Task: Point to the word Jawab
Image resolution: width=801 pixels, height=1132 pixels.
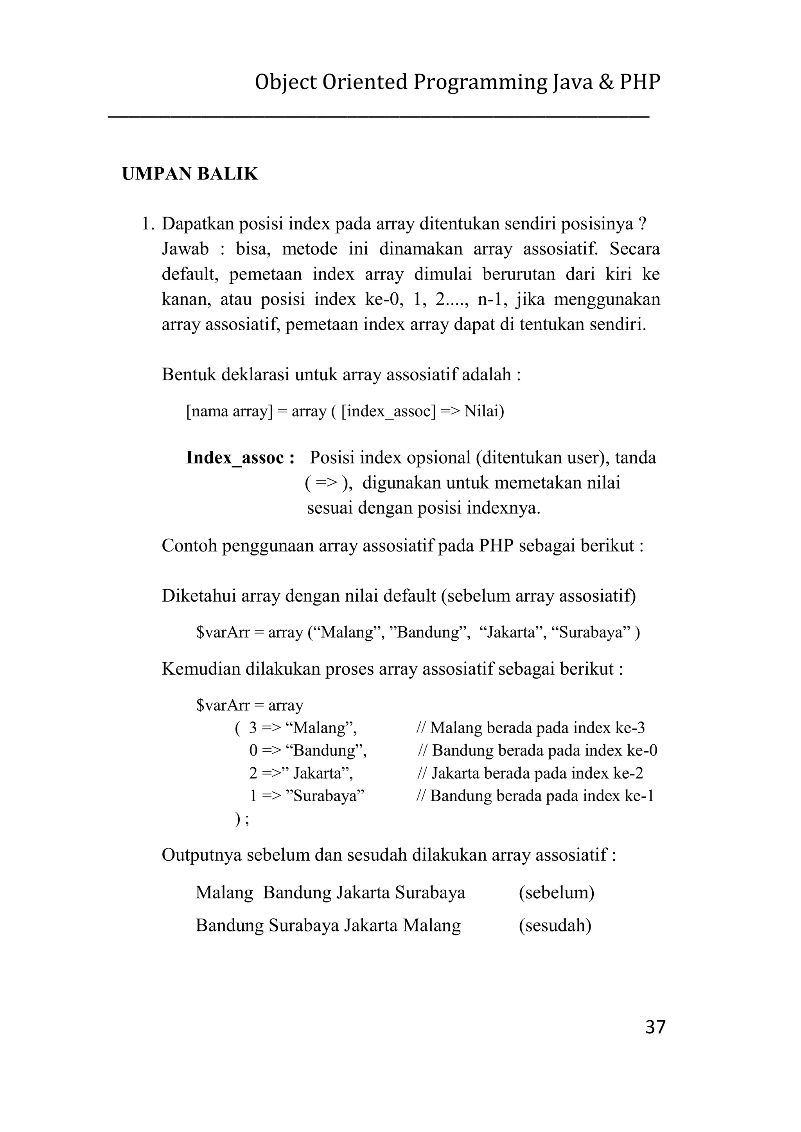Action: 185,249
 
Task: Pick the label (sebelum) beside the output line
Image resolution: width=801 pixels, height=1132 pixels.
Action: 557,892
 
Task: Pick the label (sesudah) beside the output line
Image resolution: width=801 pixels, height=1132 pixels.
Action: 555,926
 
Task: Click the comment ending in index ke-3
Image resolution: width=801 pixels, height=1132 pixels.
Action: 531,728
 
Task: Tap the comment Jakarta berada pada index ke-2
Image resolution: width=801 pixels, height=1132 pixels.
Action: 530,773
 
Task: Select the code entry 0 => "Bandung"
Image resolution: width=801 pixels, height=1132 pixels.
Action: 308,751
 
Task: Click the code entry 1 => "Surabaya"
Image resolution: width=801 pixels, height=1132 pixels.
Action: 306,796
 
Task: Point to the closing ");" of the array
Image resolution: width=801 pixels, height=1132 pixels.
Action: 242,819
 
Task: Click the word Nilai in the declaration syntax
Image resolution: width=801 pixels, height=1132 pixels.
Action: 484,411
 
